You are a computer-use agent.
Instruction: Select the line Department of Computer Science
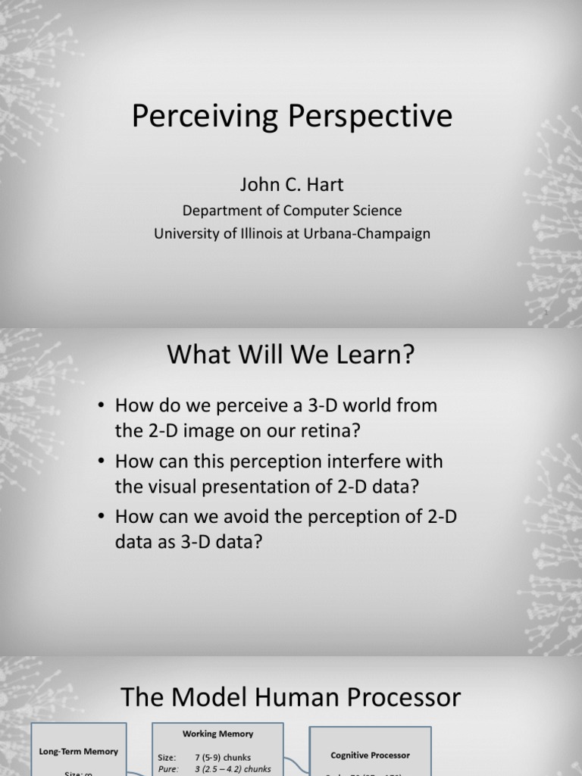click(x=291, y=211)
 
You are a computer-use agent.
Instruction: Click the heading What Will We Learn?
click(x=291, y=355)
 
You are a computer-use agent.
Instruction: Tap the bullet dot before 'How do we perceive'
click(x=100, y=406)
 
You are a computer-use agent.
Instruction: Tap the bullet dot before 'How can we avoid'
click(x=100, y=518)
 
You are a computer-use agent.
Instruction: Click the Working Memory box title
click(x=218, y=734)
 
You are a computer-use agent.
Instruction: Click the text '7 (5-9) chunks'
click(x=223, y=757)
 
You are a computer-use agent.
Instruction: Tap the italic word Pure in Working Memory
click(x=168, y=768)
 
